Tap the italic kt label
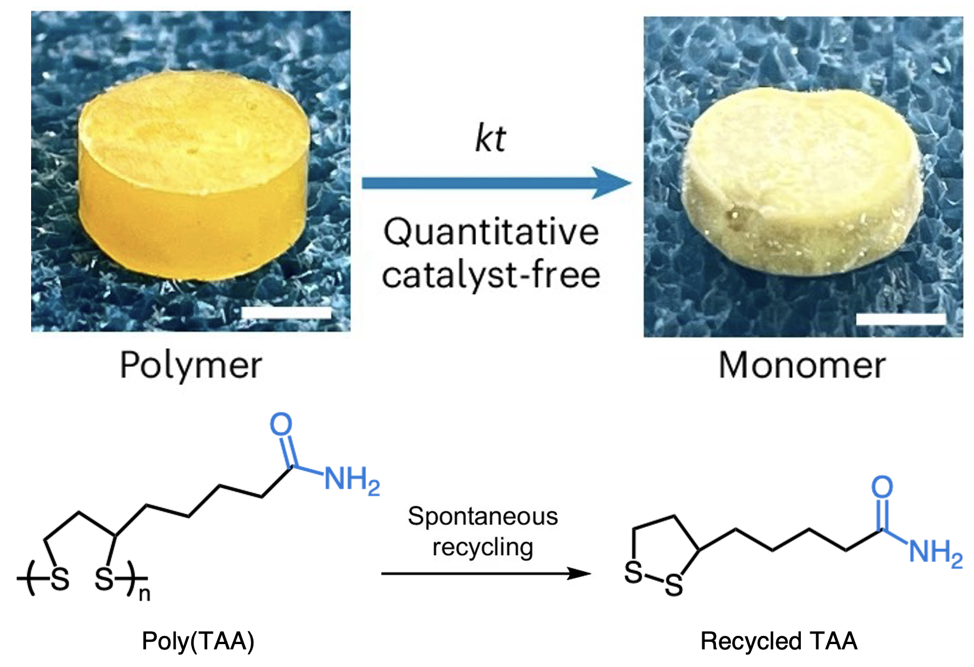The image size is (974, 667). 491,139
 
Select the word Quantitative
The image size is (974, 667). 491,232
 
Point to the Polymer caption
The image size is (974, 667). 191,365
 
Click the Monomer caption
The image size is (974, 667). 802,365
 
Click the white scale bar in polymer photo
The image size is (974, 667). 286,312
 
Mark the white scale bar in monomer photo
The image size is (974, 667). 901,319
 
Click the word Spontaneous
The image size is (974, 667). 483,517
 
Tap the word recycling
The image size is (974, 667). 483,547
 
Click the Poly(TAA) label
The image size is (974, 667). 198,641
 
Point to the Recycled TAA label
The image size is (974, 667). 779,641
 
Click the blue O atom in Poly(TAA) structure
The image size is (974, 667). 281,424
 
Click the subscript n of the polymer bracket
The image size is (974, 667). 144,594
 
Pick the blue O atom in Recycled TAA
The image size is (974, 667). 882,487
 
